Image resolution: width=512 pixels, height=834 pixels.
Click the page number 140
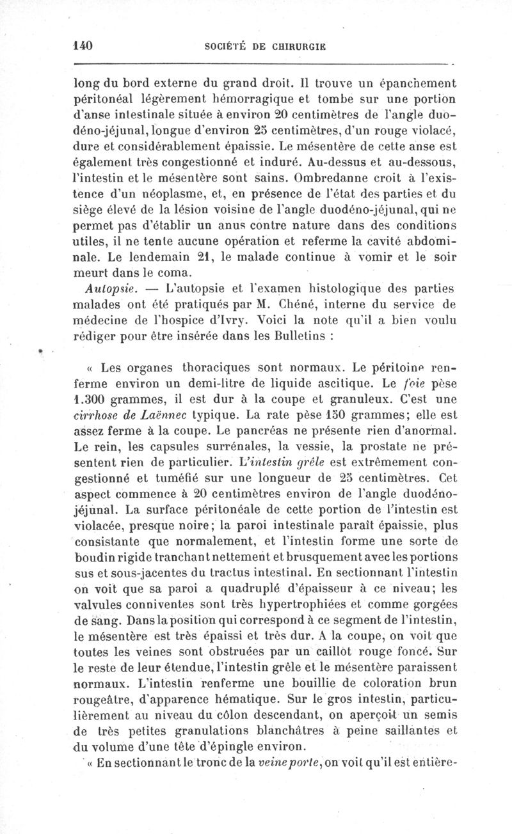point(84,46)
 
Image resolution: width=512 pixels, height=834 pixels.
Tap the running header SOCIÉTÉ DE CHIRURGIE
point(264,47)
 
